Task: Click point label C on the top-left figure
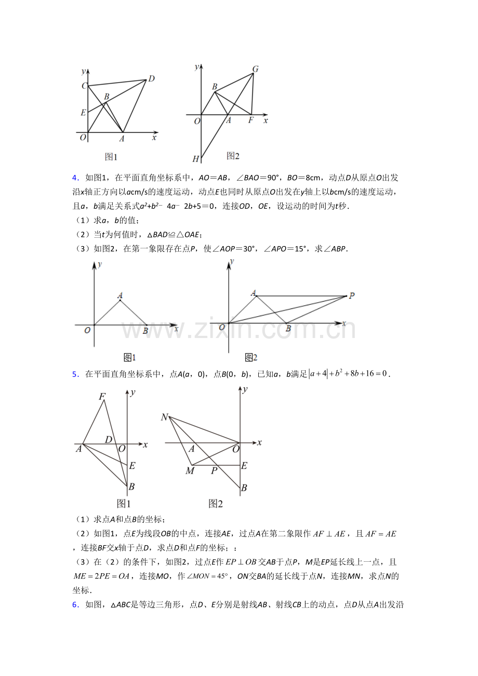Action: pyautogui.click(x=84, y=86)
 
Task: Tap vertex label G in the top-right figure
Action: pyautogui.click(x=255, y=69)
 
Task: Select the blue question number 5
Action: pyautogui.click(x=75, y=374)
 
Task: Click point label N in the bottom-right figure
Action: pyautogui.click(x=165, y=417)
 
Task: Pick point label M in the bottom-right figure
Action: pyautogui.click(x=190, y=471)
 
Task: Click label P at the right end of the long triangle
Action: pyautogui.click(x=352, y=296)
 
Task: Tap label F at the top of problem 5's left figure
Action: pyautogui.click(x=102, y=397)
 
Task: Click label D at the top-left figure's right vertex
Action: pyautogui.click(x=151, y=79)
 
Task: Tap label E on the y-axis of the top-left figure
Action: pyautogui.click(x=83, y=112)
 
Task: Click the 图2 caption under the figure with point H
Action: pyautogui.click(x=233, y=156)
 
